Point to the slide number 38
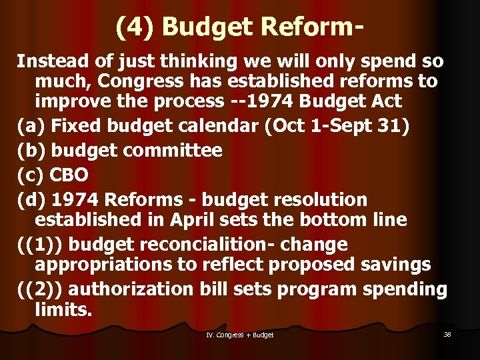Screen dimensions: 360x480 coord(447,334)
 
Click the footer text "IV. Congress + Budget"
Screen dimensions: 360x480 coord(240,335)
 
